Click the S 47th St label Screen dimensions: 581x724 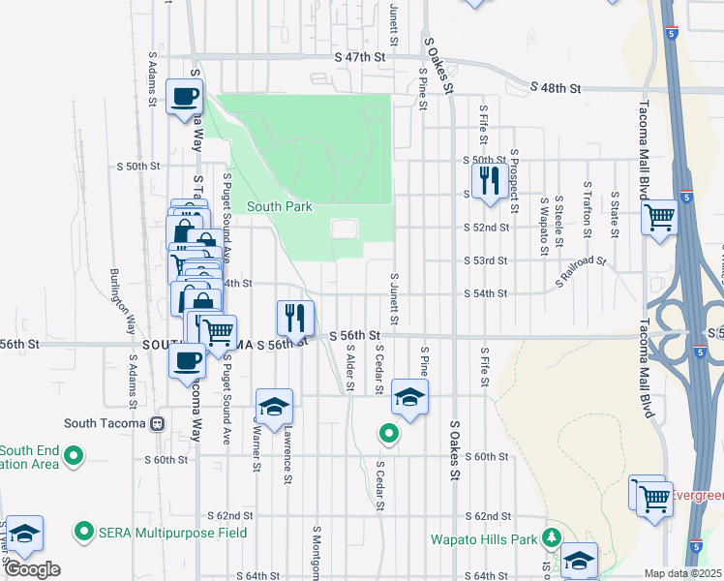click(x=352, y=58)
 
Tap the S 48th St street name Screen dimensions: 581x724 click(x=556, y=88)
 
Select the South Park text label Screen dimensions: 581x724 click(x=279, y=206)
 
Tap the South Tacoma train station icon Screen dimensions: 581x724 click(x=157, y=423)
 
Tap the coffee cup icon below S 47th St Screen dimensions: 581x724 click(x=185, y=97)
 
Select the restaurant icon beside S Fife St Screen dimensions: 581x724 click(x=487, y=180)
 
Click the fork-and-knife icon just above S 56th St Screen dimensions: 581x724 click(x=294, y=317)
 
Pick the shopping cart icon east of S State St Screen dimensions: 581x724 click(x=659, y=217)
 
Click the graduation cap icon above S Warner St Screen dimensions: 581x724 click(x=274, y=406)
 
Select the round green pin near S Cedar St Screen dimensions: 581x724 click(x=389, y=434)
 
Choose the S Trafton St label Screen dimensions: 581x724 click(x=587, y=208)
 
